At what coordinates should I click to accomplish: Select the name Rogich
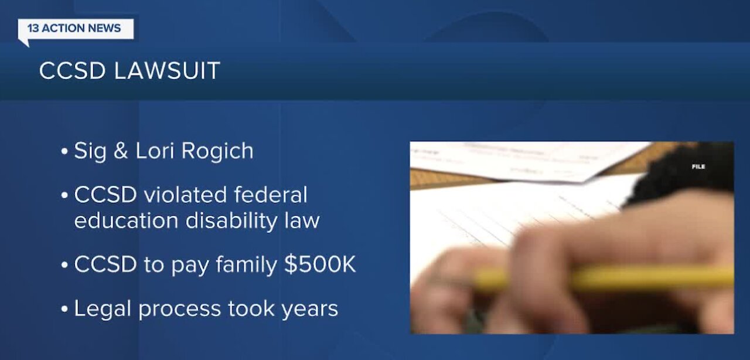click(x=217, y=151)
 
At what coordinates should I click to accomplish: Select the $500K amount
click(x=320, y=265)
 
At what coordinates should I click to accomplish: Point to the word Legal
click(x=101, y=309)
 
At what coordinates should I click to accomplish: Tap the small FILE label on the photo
click(x=698, y=167)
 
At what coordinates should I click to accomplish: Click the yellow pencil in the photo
click(x=604, y=279)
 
